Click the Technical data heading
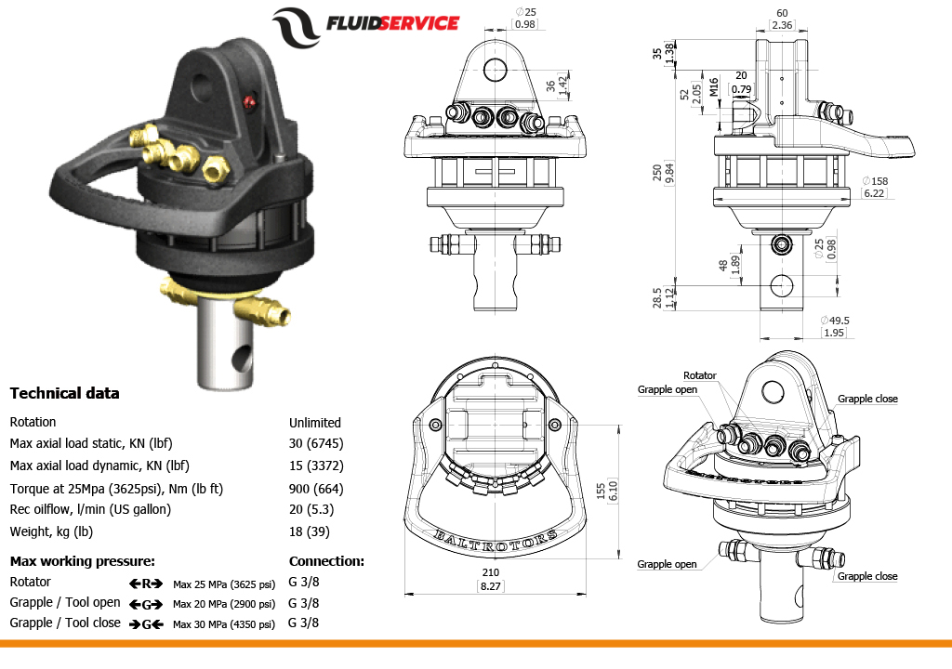pyautogui.click(x=64, y=393)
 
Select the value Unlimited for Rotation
pyautogui.click(x=315, y=422)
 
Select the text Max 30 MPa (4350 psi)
pyautogui.click(x=224, y=624)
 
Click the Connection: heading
pyautogui.click(x=326, y=561)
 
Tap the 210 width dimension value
pyautogui.click(x=490, y=572)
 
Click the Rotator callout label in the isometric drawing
pyautogui.click(x=700, y=375)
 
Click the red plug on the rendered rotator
pyautogui.click(x=248, y=100)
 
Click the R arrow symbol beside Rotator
pyautogui.click(x=146, y=584)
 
